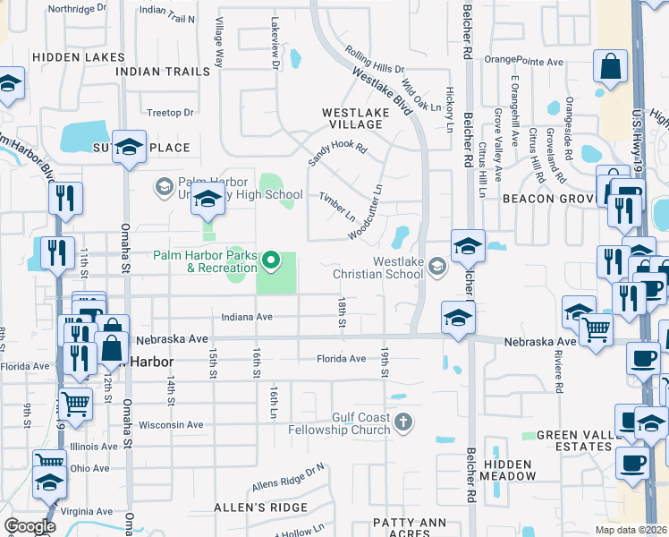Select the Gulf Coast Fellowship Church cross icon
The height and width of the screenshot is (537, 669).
click(403, 421)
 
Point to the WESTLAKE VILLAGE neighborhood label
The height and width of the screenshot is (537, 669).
click(355, 118)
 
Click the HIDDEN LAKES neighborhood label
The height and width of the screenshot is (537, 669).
click(79, 56)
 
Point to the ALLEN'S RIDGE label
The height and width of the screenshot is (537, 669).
click(248, 507)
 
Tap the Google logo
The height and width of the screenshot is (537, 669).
click(30, 526)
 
